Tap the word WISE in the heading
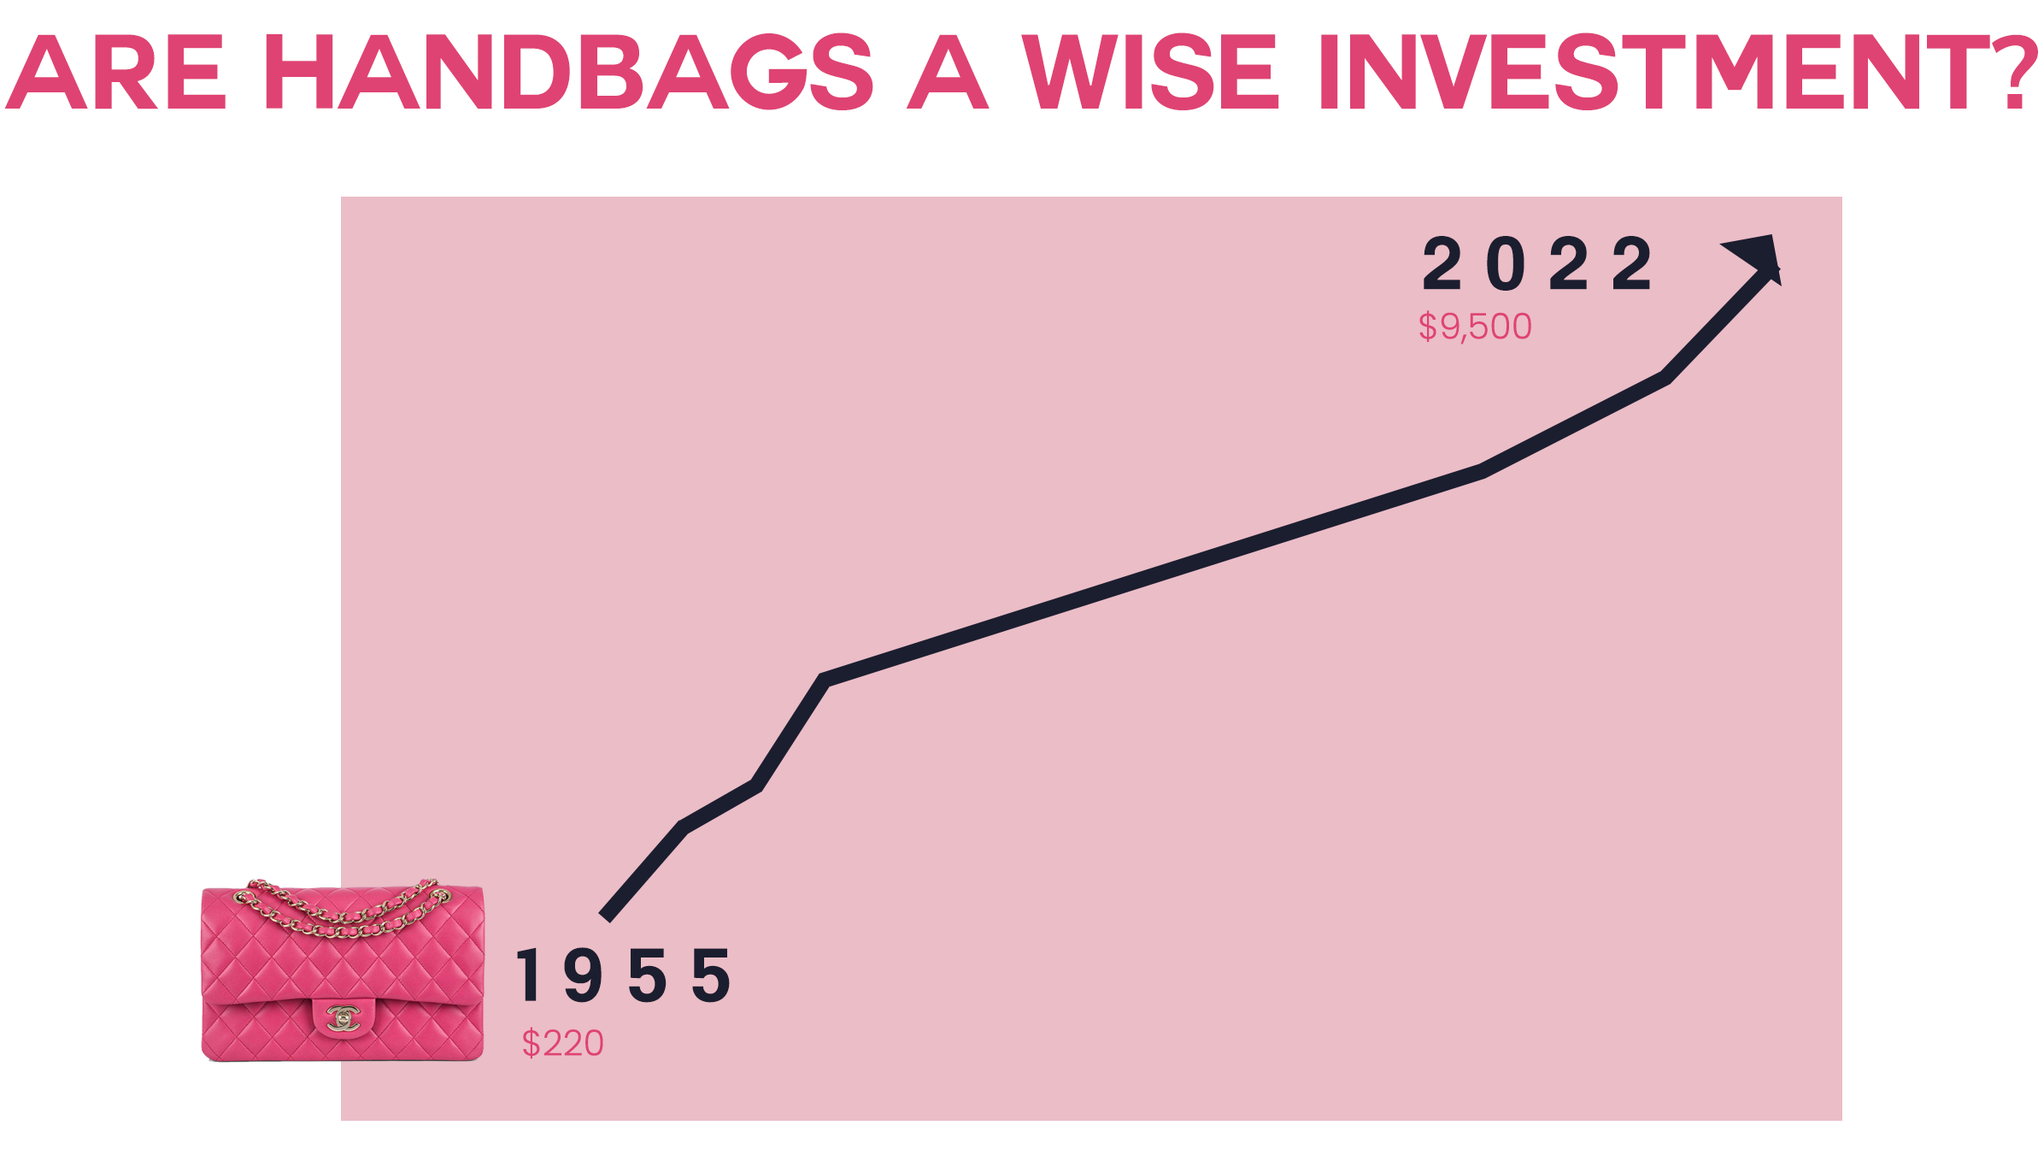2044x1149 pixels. pyautogui.click(x=1150, y=73)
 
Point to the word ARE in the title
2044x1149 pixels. pyautogui.click(x=116, y=73)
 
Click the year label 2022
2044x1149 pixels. pyautogui.click(x=1536, y=265)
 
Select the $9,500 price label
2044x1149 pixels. pyautogui.click(x=1475, y=327)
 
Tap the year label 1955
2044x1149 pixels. pyautogui.click(x=623, y=975)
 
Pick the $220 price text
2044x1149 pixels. pyautogui.click(x=563, y=1044)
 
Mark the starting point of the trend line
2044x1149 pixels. pyautogui.click(x=606, y=916)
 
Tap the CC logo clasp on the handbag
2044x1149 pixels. pyautogui.click(x=344, y=1017)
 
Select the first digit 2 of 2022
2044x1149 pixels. pyautogui.click(x=1442, y=265)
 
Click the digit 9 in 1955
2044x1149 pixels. pyautogui.click(x=583, y=975)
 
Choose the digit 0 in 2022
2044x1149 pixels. pyautogui.click(x=1506, y=265)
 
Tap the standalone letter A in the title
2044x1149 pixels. pyautogui.click(x=947, y=73)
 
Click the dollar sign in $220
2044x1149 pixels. pyautogui.click(x=531, y=1044)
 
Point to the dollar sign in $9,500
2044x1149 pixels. pyautogui.click(x=1427, y=327)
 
